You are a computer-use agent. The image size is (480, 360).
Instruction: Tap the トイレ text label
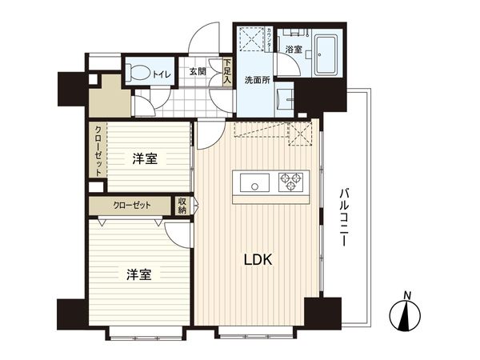[x=161, y=72]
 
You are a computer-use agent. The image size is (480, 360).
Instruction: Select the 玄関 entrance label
[x=198, y=72]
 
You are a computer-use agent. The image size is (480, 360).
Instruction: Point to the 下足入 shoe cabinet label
[x=227, y=73]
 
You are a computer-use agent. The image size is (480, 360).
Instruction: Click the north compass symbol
[x=407, y=313]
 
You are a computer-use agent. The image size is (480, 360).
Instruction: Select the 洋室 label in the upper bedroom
[x=145, y=158]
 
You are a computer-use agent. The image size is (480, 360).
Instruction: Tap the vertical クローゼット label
[x=98, y=151]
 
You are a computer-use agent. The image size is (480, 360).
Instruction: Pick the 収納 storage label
[x=182, y=205]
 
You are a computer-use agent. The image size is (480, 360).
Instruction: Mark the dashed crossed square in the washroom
[x=252, y=40]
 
